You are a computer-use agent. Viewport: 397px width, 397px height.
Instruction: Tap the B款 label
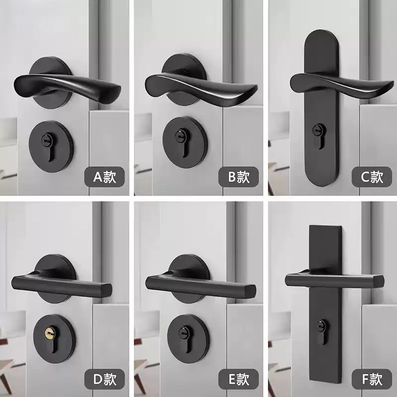pyautogui.click(x=236, y=177)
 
